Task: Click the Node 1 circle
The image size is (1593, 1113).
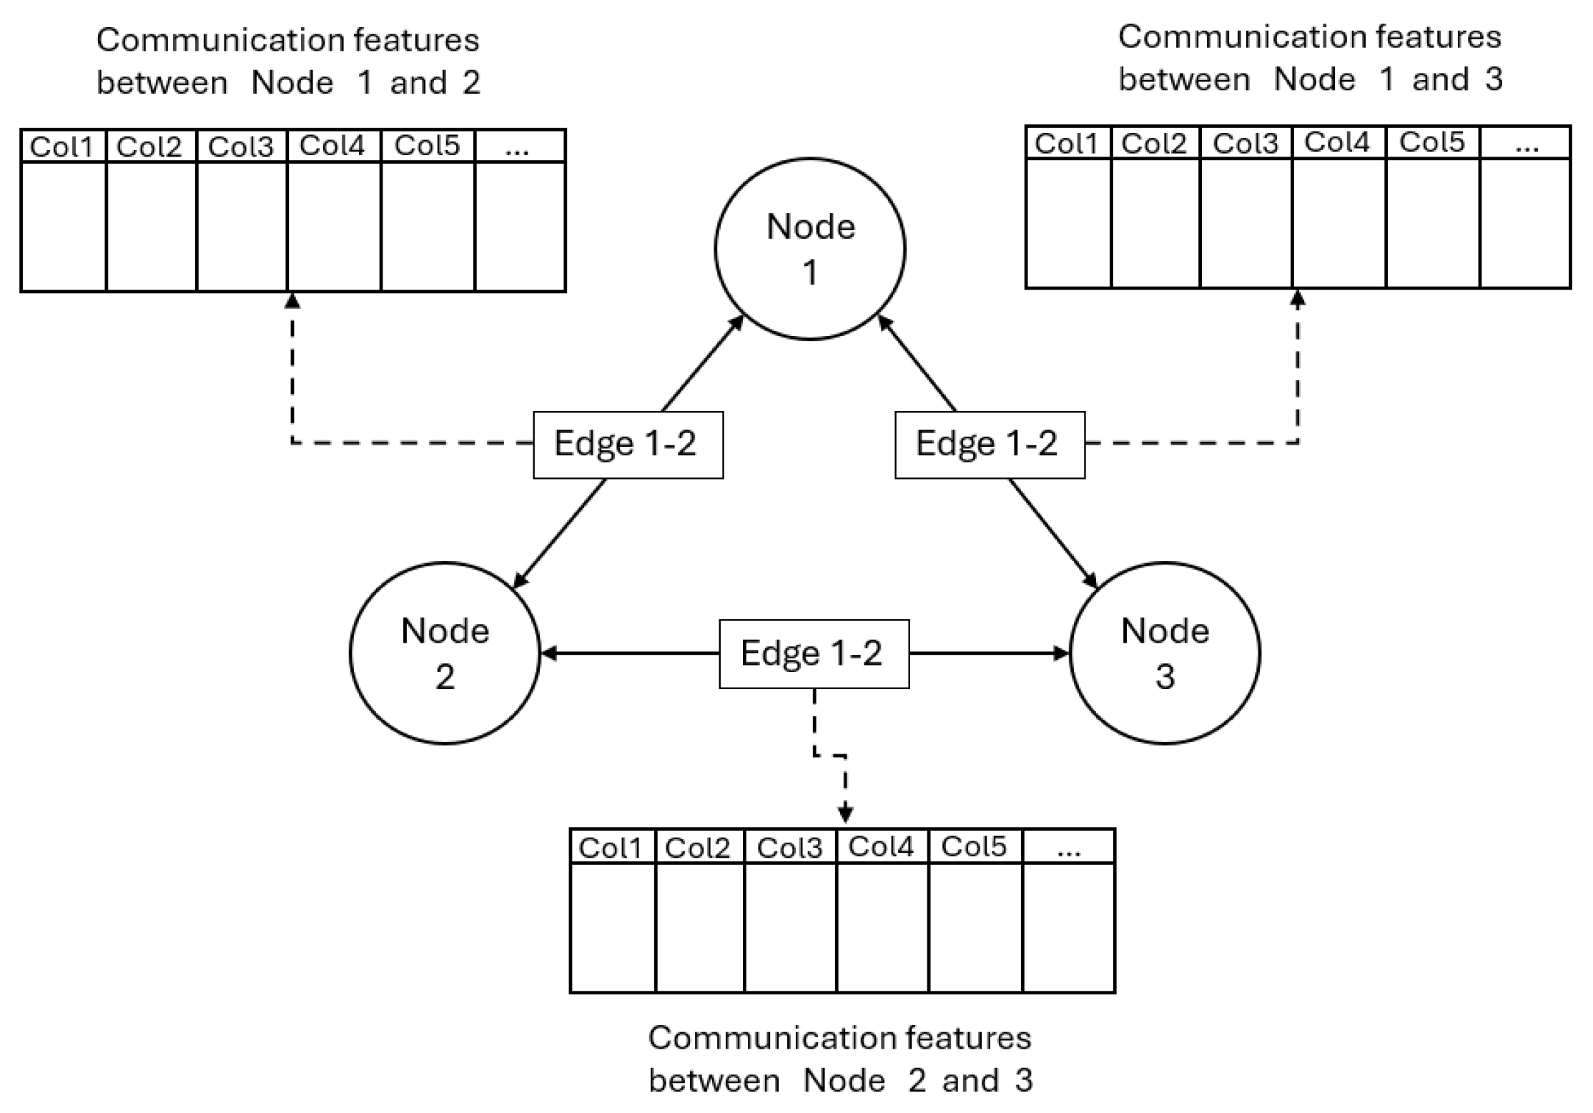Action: [x=809, y=249]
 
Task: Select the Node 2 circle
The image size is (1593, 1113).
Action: [x=445, y=653]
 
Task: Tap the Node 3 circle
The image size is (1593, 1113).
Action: [x=1164, y=653]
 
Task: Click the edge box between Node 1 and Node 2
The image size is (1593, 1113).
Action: [x=628, y=444]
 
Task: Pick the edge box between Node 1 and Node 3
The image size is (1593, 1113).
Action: [x=989, y=444]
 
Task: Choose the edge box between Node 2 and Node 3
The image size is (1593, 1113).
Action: [x=814, y=653]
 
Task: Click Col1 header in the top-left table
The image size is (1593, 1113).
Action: [x=62, y=147]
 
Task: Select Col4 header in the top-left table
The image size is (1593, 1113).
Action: [x=332, y=146]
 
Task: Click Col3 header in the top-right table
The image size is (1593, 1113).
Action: [x=1245, y=144]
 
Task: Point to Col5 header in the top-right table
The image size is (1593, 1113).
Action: [x=1432, y=143]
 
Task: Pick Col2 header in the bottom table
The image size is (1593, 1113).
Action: [x=698, y=848]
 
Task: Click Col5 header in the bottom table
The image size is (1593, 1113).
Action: [x=974, y=846]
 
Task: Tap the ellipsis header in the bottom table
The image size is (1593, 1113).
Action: [x=1068, y=848]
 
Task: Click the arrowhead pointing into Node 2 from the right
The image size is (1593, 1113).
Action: [x=548, y=653]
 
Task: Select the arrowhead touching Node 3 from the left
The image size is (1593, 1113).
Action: [x=1061, y=653]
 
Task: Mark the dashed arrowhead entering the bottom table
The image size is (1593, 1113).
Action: [x=845, y=813]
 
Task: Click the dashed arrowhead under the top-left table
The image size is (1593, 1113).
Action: [x=292, y=301]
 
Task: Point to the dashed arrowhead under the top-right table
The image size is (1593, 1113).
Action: [x=1298, y=299]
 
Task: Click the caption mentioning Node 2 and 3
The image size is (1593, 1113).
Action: [x=840, y=1059]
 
